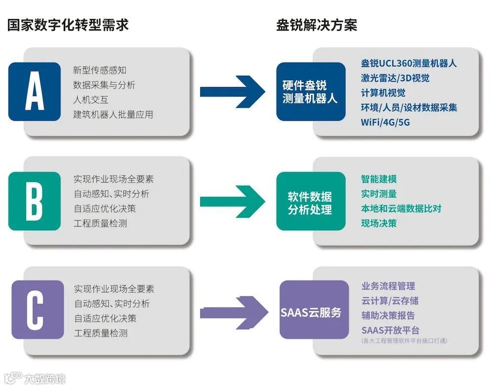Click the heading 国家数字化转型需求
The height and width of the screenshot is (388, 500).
68,25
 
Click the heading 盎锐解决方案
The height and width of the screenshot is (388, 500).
316,25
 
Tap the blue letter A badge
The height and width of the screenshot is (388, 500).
35,92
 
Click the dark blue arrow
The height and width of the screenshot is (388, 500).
232,92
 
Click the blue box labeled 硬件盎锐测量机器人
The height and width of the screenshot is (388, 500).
310,92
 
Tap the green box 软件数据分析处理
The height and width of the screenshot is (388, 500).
310,201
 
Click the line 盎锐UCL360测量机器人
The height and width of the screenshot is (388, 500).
409,63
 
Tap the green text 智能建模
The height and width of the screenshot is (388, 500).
379,179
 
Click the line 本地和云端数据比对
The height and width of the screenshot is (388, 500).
401,208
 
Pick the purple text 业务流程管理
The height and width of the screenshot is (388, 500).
388,286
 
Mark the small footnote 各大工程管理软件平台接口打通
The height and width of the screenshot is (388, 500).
405,341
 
